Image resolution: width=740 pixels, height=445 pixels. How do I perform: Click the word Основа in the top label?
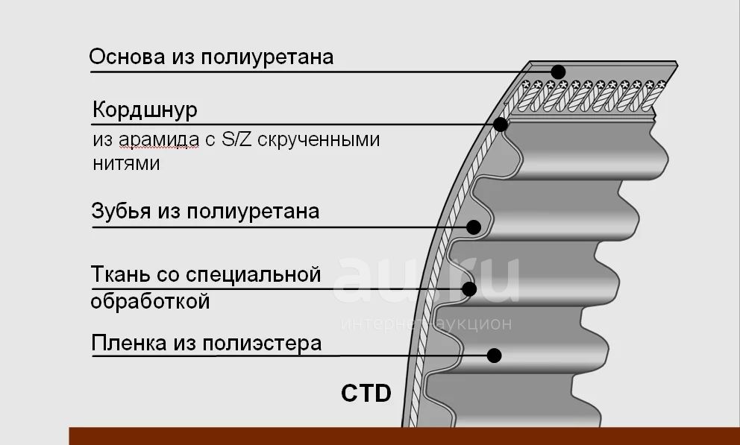(127, 57)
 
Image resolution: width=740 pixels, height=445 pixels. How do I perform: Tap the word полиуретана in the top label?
(267, 57)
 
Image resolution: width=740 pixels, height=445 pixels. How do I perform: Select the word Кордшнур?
(145, 110)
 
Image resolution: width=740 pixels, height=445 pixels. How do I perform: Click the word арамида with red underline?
(159, 140)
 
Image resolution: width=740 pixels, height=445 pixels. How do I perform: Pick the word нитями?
(126, 163)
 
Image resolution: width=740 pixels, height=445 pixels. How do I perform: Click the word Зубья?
(122, 211)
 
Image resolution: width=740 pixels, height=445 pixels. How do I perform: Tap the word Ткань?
(122, 274)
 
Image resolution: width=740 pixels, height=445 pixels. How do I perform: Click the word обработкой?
(150, 300)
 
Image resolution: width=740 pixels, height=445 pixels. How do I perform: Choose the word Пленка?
(128, 343)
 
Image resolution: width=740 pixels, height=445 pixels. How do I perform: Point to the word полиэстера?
(262, 344)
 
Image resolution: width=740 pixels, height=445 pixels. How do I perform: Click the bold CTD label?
(366, 394)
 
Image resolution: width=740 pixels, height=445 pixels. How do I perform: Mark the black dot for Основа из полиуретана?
(558, 72)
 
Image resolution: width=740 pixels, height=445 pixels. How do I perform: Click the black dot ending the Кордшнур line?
(501, 125)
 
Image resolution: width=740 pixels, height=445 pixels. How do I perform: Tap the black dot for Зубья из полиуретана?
(474, 227)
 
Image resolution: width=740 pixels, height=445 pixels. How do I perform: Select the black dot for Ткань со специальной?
(469, 289)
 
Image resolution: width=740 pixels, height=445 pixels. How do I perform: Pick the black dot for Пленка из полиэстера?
(494, 356)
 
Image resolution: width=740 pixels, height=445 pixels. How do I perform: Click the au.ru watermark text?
(426, 280)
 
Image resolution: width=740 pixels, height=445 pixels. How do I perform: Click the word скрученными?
(319, 140)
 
